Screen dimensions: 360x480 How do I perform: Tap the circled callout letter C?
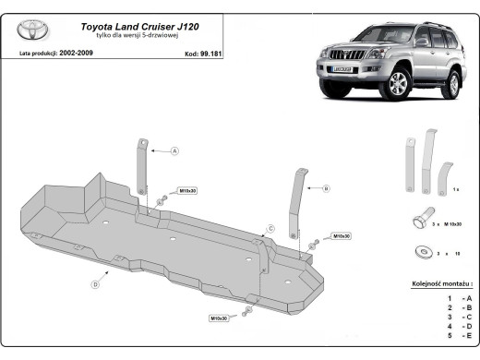[x=270, y=227]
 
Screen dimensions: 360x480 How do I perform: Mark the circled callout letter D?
[x=95, y=284]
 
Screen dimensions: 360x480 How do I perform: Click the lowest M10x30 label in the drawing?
[x=220, y=318]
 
